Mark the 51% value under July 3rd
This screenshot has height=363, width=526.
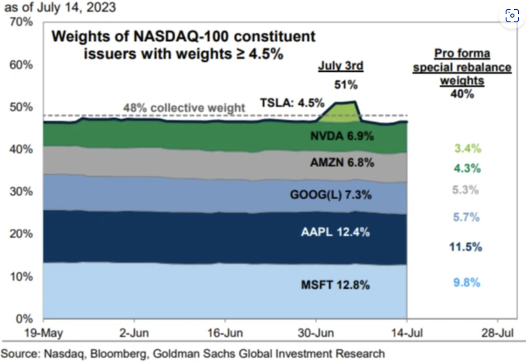point(347,85)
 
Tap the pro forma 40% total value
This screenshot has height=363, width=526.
point(462,94)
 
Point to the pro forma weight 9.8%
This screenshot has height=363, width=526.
point(466,283)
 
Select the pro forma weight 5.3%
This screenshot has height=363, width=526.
point(466,190)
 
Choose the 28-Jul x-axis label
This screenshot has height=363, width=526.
point(496,332)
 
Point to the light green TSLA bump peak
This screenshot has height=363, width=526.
point(346,104)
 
